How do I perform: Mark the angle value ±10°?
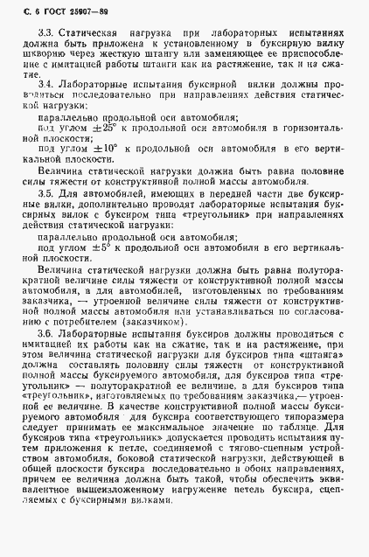point(109,148)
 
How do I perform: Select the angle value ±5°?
point(106,247)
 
